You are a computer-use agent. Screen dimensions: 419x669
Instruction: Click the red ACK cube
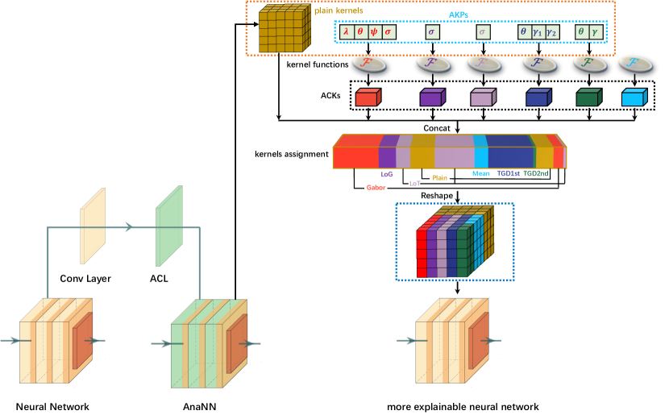click(367, 97)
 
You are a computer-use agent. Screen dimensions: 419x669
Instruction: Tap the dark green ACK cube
click(588, 97)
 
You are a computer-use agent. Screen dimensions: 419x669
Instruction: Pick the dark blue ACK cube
click(538, 97)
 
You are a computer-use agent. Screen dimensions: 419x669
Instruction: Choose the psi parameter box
click(373, 31)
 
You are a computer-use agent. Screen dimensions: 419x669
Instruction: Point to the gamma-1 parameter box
click(537, 31)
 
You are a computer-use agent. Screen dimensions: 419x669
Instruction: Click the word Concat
click(436, 127)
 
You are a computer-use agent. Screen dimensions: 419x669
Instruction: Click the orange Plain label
click(439, 177)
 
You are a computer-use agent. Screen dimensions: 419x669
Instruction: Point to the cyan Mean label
click(481, 173)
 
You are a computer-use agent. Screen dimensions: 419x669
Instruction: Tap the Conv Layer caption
click(85, 279)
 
